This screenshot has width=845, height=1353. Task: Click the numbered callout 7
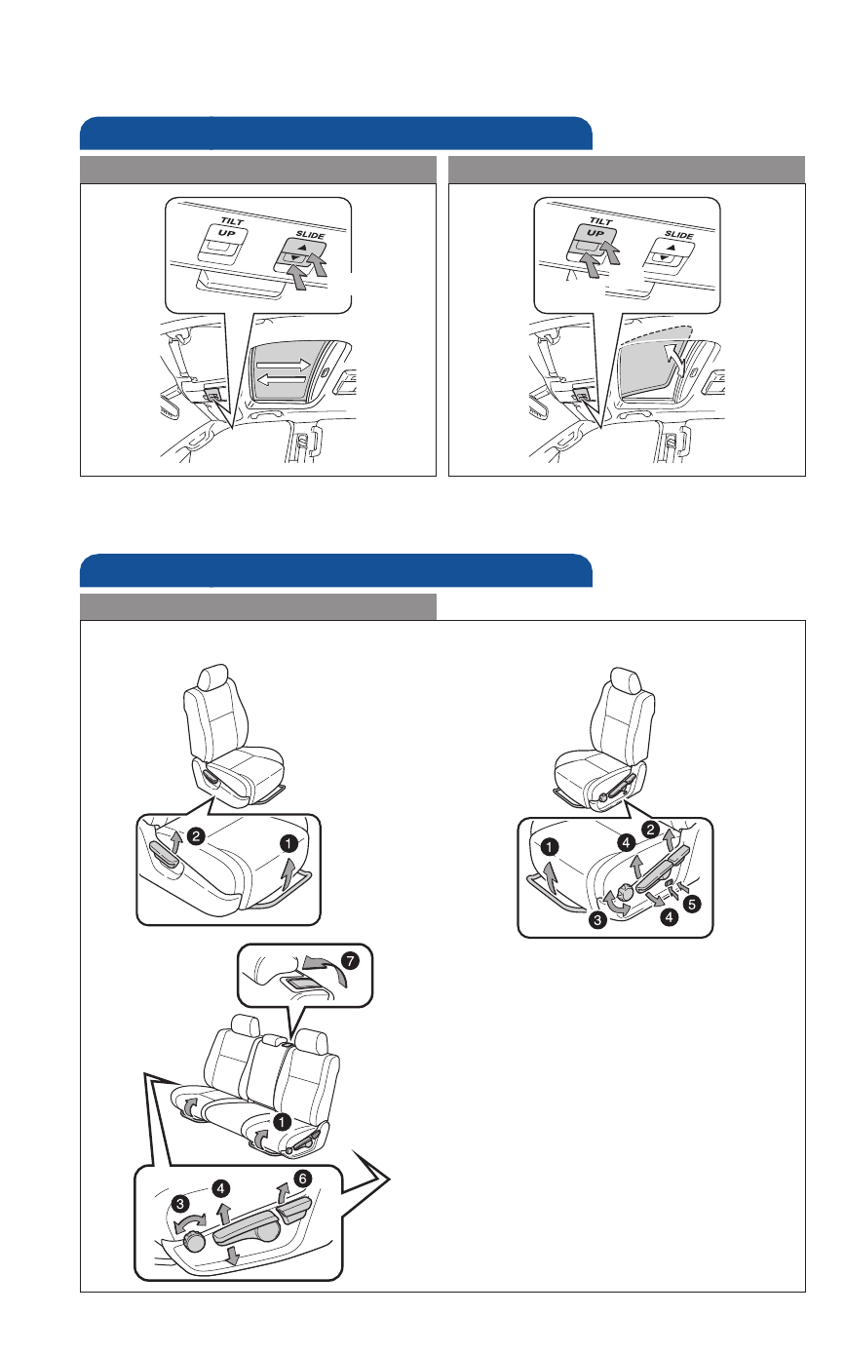tap(350, 960)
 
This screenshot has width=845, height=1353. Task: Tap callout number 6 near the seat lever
tap(302, 1178)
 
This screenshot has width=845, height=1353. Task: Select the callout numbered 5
tap(691, 905)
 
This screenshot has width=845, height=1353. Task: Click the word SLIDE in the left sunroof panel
tap(310, 234)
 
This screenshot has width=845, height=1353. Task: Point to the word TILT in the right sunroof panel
tap(601, 221)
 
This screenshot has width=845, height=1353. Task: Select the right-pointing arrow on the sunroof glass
tap(284, 365)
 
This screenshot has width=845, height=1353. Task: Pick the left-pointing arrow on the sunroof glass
tap(282, 379)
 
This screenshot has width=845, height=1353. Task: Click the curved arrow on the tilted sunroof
tap(676, 359)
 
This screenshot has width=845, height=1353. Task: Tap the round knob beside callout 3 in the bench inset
tap(195, 1242)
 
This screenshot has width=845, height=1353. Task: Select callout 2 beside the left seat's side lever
tap(196, 836)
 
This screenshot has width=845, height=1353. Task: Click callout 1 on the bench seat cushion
tap(282, 1122)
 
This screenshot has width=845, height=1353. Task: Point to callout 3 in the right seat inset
tap(597, 919)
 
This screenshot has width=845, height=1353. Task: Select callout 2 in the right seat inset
tap(650, 830)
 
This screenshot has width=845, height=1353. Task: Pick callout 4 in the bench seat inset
tap(220, 1188)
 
